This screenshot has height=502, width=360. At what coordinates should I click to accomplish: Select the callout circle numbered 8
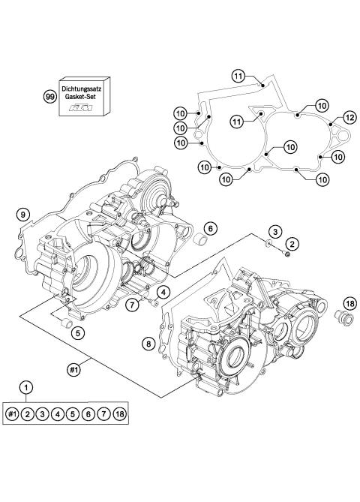click(x=148, y=343)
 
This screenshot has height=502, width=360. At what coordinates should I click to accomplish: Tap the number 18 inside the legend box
click(x=119, y=415)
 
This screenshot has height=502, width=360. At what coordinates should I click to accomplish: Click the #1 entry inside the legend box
click(x=13, y=415)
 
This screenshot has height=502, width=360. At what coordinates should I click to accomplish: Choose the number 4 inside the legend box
click(x=58, y=415)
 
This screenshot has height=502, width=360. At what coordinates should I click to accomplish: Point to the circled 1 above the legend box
click(x=27, y=386)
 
